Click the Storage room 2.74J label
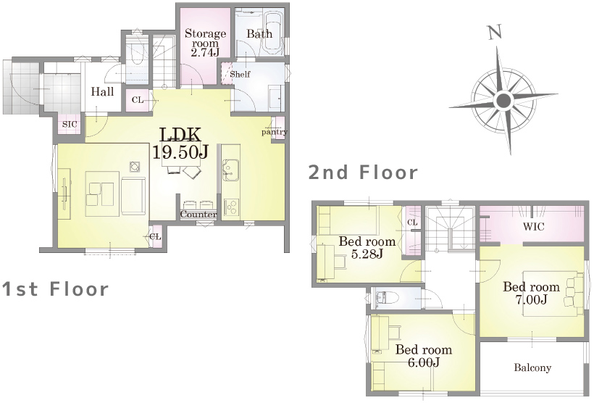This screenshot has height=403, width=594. coord(205,43)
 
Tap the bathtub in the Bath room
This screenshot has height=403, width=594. coord(272,33)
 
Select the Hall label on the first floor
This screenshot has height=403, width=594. coord(102,92)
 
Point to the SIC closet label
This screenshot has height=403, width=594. coord(70,124)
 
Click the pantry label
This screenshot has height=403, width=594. coord(275,132)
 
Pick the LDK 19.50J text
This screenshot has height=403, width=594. coord(180,144)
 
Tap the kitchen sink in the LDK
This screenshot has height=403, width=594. coord(230,170)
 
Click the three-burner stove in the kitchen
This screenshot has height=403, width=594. coord(230,207)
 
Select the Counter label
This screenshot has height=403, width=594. coord(198,215)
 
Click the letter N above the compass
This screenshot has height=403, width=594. coord(495,32)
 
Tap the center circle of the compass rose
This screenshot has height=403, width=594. coord(503,101)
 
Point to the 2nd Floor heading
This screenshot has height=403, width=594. coord(364,173)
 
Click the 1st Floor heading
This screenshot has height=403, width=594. coord(55,289)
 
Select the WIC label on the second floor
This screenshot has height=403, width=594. coord(533,227)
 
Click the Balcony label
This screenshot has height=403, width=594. coord(532,367)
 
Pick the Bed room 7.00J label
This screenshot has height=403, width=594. coord(531,293)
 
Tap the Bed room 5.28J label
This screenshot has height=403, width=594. coord(367,247)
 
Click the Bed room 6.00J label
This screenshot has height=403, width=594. coord(424,356)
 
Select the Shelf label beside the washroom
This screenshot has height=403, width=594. coord(240,74)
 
